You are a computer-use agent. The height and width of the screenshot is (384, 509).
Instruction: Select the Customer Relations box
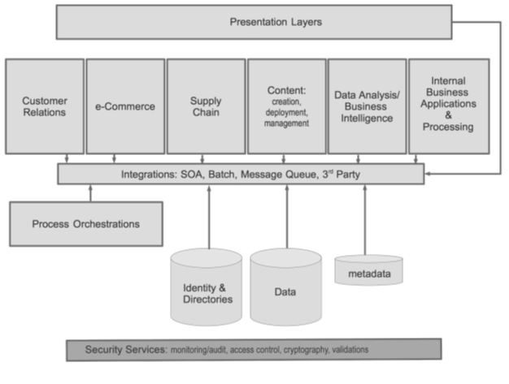click(x=45, y=106)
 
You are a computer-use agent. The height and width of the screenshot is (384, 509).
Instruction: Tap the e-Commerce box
click(x=125, y=106)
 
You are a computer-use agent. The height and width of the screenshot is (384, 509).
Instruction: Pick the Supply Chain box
click(x=206, y=106)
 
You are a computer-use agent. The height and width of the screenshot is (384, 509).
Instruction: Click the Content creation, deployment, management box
click(x=287, y=106)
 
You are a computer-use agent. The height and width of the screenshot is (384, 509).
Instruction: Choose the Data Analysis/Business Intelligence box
click(x=367, y=106)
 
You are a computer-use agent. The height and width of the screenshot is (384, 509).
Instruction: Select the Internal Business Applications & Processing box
click(x=449, y=106)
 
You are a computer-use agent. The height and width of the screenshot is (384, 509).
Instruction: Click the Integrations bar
click(x=240, y=173)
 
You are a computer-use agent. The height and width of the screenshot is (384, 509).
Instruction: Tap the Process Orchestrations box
click(x=85, y=223)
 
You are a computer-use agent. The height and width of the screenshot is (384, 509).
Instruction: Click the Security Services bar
click(x=254, y=350)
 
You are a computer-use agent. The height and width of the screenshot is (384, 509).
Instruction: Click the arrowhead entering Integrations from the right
click(x=428, y=173)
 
